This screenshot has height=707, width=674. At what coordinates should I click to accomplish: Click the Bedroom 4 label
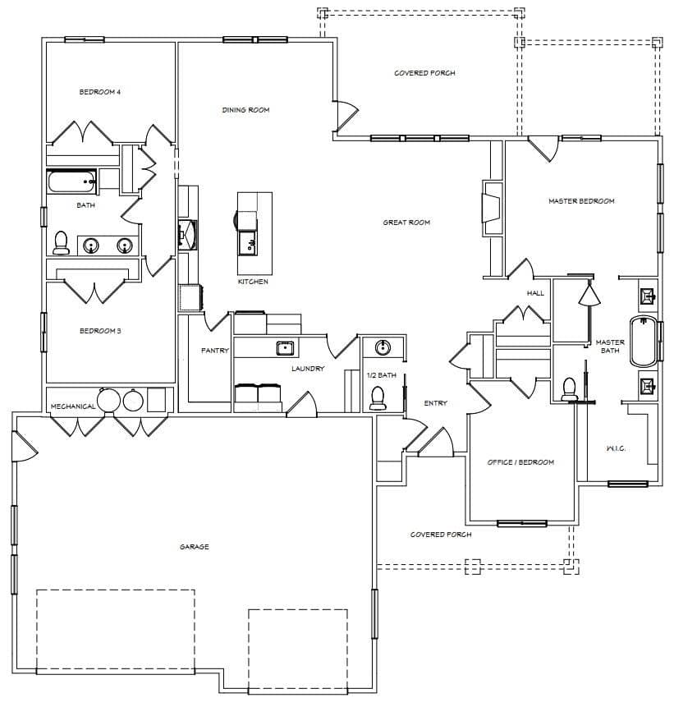99,92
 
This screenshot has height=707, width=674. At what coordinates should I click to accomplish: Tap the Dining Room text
245,109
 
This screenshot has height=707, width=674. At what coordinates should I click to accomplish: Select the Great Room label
406,223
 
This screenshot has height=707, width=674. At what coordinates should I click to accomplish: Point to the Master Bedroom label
581,201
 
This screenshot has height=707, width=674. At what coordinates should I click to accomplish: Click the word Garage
195,547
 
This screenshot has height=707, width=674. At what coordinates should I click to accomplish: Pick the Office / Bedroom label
520,462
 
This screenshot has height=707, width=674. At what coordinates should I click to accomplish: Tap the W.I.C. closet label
616,448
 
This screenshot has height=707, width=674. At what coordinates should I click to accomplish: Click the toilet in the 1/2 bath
378,398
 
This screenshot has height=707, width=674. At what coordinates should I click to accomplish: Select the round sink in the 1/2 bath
383,347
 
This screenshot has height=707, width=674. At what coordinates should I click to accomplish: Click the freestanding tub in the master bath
644,342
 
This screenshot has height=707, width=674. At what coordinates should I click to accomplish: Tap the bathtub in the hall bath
72,181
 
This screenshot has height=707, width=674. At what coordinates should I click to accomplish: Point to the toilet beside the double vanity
61,242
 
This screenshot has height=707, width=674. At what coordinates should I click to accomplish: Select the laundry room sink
285,348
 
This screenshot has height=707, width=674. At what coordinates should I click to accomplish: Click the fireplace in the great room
492,208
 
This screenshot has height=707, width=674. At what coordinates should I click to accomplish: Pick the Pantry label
214,351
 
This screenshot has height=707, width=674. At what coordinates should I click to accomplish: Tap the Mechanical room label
73,406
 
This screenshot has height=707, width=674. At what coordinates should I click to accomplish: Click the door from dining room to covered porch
346,114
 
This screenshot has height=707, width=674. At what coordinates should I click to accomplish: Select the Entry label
435,403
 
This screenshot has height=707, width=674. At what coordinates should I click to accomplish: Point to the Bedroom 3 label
100,331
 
